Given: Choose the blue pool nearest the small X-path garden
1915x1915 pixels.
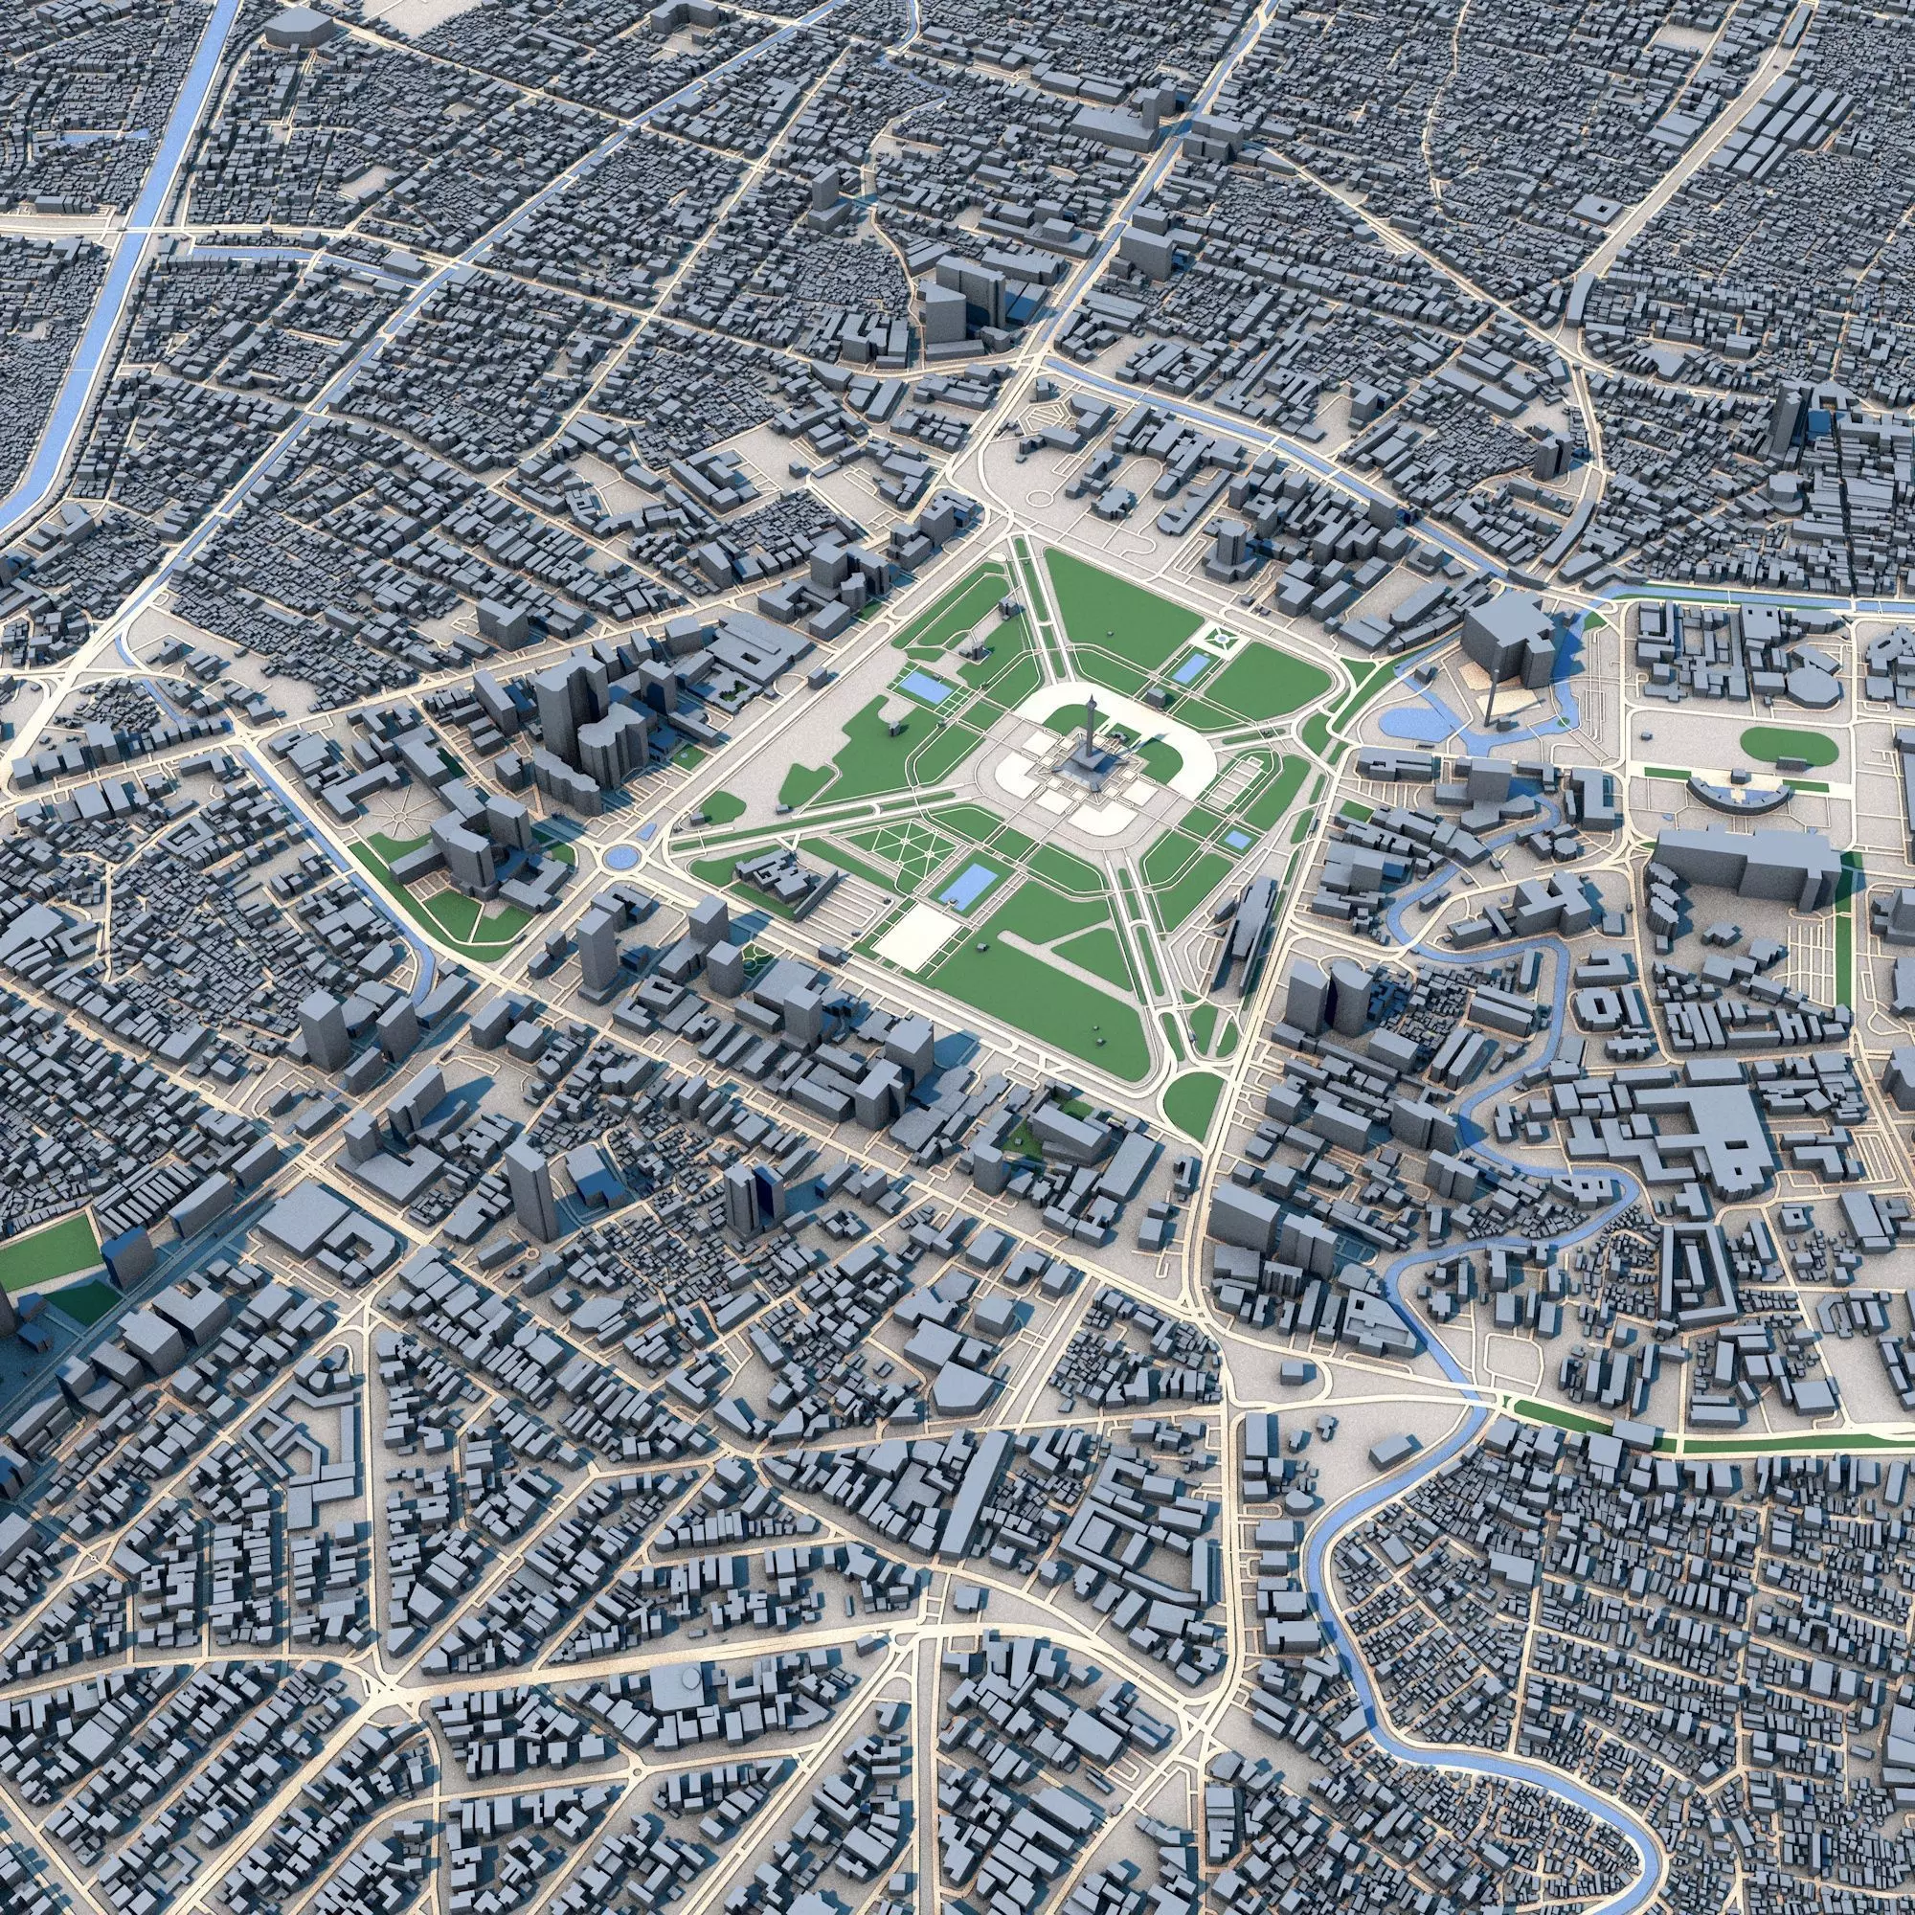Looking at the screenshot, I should click(x=1185, y=669).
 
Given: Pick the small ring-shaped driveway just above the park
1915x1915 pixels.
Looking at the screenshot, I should click(x=1041, y=500).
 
